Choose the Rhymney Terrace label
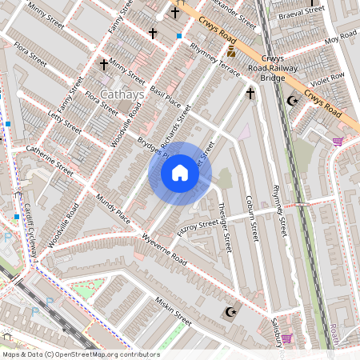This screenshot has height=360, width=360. pos(214,59)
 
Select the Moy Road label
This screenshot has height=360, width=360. pos(339,38)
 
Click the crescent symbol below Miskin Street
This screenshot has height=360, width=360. pos(232,311)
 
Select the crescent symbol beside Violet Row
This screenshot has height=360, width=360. pos(292,101)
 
